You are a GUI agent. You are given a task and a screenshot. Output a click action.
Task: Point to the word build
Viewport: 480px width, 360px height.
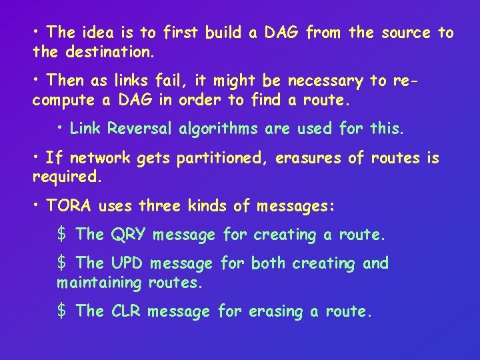click(224, 32)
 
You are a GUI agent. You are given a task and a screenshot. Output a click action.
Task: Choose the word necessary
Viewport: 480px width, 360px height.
click(325, 81)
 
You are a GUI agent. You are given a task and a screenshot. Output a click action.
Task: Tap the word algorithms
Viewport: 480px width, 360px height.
click(219, 129)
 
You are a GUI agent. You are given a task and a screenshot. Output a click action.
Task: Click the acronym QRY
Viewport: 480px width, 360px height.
click(129, 235)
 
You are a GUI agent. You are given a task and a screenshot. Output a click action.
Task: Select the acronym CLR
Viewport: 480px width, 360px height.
click(127, 311)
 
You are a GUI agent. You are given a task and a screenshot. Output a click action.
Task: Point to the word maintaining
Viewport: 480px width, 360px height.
click(99, 282)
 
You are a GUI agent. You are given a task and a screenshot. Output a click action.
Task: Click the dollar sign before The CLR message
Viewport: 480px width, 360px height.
click(61, 311)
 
